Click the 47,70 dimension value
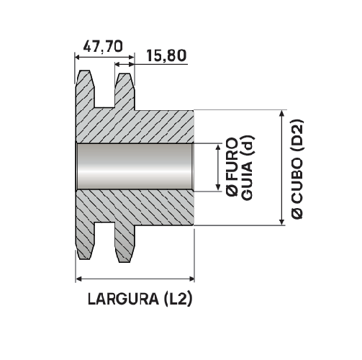point(104,46)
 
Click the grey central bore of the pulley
point(135,168)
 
